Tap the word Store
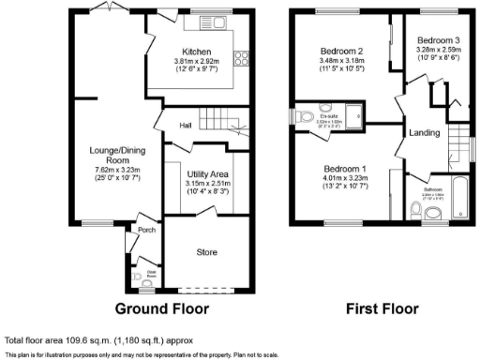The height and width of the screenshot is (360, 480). click(x=205, y=252)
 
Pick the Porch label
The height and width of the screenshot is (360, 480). click(x=146, y=229)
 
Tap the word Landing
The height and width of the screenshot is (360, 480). click(x=425, y=133)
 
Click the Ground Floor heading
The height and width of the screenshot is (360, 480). click(x=162, y=308)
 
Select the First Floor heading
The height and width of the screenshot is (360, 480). click(x=382, y=308)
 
